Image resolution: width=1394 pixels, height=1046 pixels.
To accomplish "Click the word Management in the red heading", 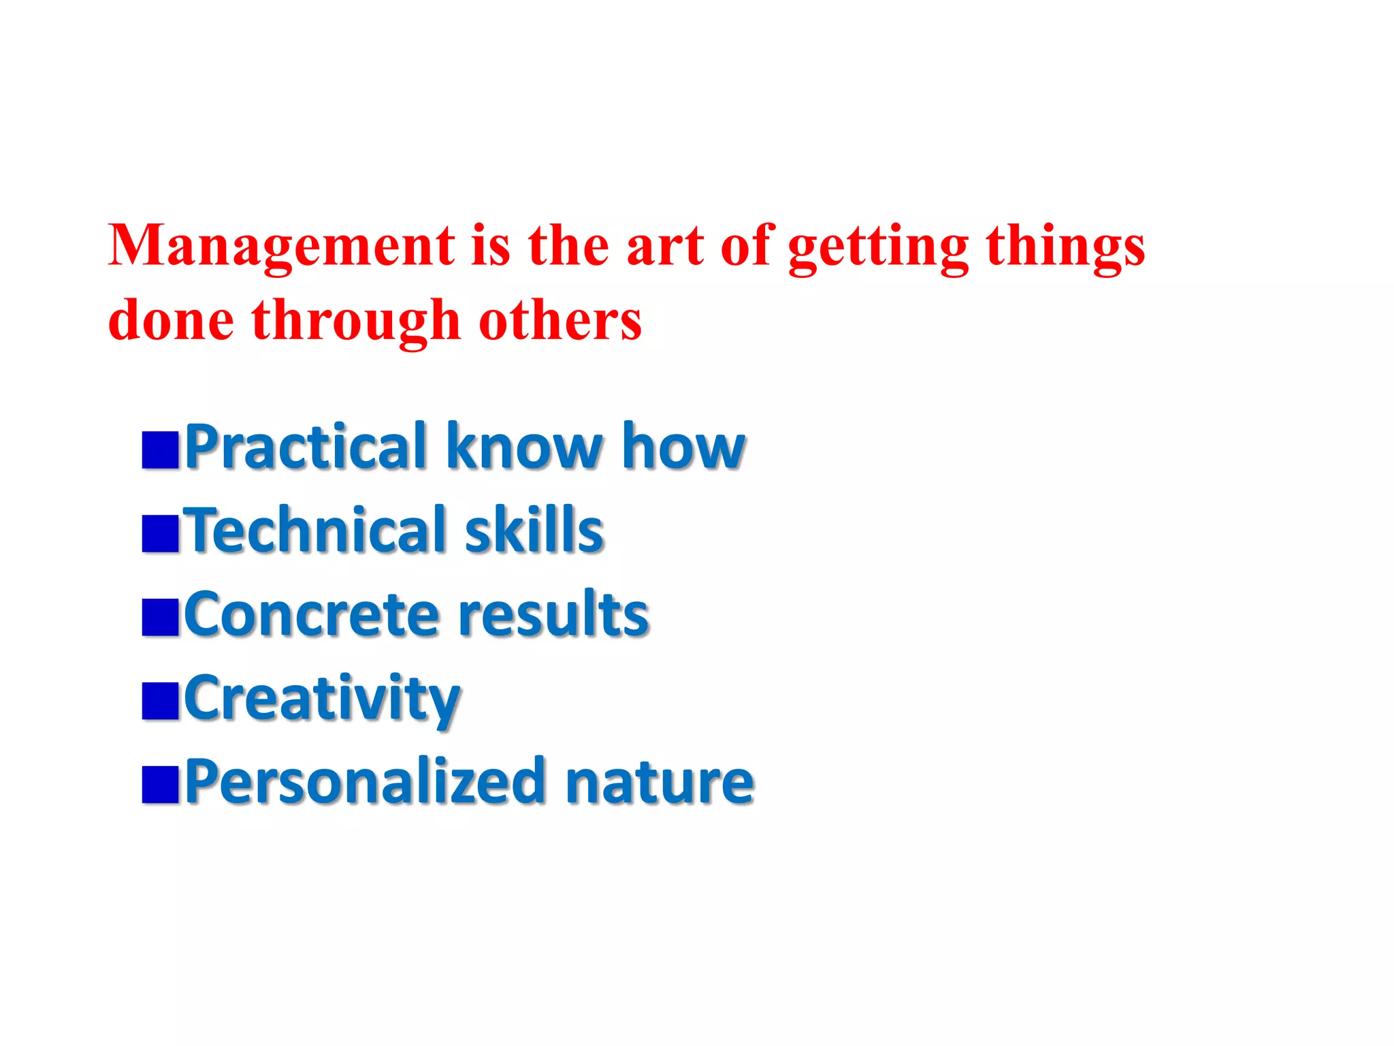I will tap(281, 247).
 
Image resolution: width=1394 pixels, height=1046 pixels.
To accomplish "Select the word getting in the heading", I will tap(878, 248).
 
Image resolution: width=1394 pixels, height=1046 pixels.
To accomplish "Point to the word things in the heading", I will tap(1065, 248).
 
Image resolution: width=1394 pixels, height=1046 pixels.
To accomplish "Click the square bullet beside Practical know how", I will tap(160, 449).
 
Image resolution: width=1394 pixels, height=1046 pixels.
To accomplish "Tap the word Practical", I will tap(306, 447).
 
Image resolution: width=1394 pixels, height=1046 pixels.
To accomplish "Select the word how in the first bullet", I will tap(683, 447).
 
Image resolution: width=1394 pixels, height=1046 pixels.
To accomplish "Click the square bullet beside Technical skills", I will tap(160, 533).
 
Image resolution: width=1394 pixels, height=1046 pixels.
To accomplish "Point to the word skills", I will tap(534, 530).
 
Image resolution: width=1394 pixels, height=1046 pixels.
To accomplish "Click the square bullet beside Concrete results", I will tap(160, 617).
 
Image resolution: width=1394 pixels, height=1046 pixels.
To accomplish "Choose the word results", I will tap(553, 615).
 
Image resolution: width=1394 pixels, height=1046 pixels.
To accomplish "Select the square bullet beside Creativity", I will tap(160, 701).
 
